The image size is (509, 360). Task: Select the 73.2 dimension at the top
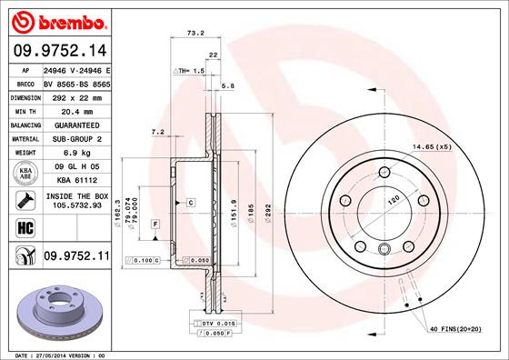[x=193, y=33]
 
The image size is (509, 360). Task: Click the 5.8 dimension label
[x=228, y=85]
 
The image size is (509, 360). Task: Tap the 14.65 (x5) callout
[x=432, y=147]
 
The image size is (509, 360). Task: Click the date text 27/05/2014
[x=56, y=355]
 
